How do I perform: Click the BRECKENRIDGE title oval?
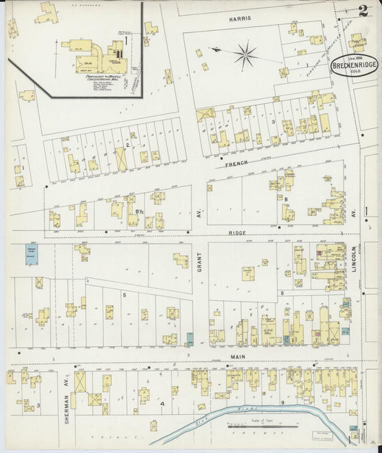click(355, 67)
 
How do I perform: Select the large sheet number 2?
click(363, 10)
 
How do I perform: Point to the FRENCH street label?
click(236, 164)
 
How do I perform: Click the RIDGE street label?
click(237, 233)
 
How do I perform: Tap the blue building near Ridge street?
click(31, 254)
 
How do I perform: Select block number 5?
click(124, 295)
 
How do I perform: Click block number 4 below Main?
click(163, 404)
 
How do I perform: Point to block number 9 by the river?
click(282, 403)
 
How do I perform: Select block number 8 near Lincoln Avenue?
click(282, 293)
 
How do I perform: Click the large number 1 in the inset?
click(125, 41)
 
